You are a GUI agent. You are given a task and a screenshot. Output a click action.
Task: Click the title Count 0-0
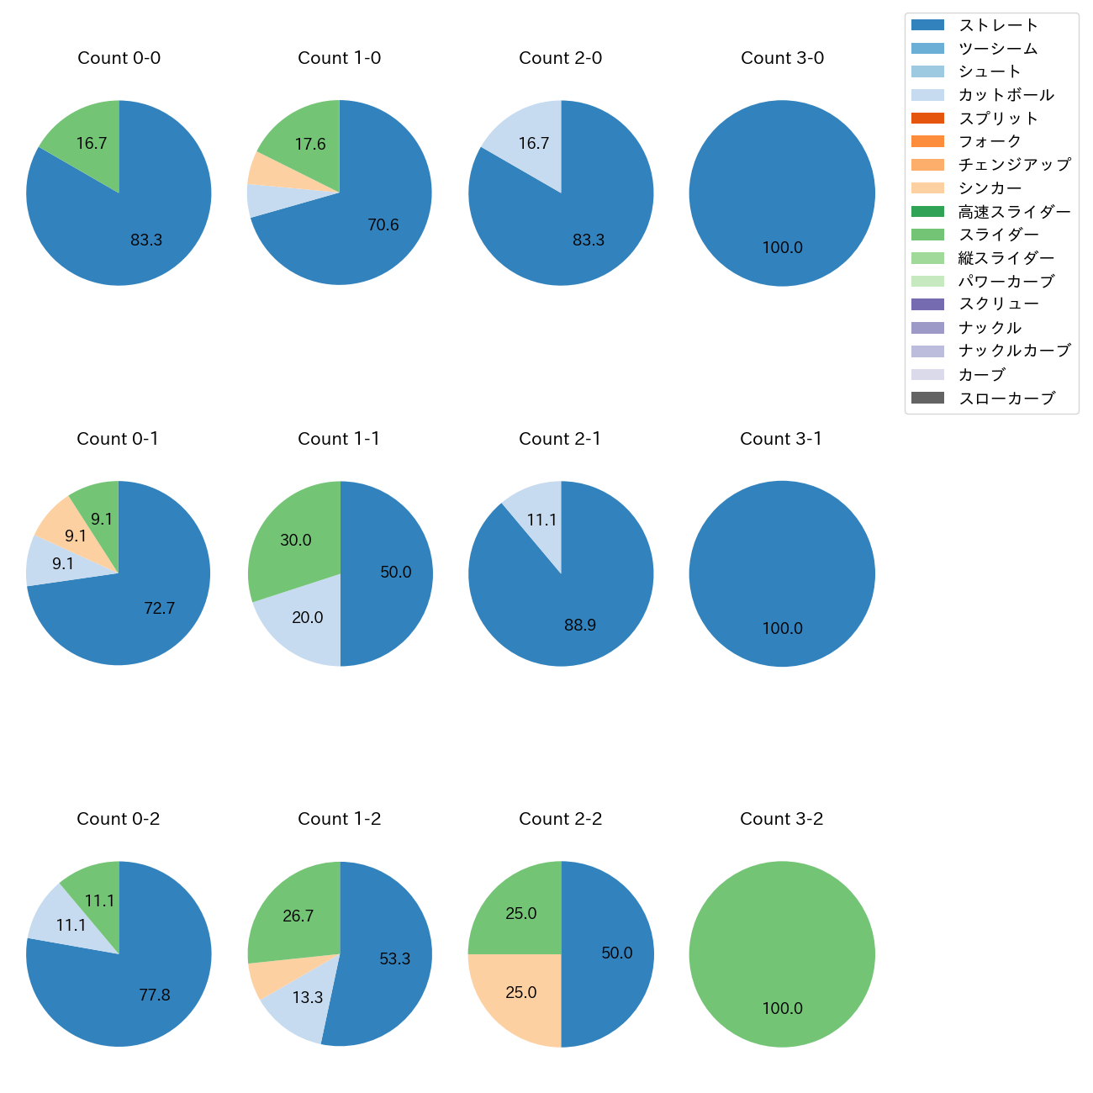click(119, 58)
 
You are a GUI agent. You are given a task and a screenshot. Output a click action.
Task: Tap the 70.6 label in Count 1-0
click(383, 224)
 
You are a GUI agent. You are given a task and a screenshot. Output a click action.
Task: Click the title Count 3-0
click(782, 58)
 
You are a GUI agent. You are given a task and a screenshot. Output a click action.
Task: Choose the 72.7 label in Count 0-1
click(159, 608)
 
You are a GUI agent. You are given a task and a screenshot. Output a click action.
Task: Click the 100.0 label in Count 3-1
click(782, 628)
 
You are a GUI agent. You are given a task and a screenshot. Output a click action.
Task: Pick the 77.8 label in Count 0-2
click(155, 995)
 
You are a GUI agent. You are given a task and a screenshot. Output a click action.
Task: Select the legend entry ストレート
click(998, 25)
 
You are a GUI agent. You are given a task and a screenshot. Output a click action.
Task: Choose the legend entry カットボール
click(1006, 95)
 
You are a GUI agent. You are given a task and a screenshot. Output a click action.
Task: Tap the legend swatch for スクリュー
click(927, 304)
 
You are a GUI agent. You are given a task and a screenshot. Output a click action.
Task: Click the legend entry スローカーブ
click(1006, 399)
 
